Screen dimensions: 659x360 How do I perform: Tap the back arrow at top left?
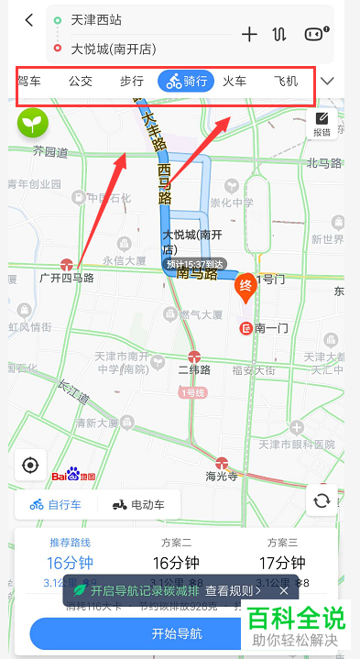29,20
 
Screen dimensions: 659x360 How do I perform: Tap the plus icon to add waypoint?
249,34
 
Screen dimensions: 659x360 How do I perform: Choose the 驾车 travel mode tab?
29,82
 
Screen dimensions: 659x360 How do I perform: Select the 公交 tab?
81,82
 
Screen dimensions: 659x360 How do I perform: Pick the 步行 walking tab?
132,82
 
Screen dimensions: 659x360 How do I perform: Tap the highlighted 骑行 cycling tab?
185,82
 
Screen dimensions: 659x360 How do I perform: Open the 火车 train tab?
235,82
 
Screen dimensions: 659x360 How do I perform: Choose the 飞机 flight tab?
286,82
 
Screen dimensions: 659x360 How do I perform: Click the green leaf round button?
33,122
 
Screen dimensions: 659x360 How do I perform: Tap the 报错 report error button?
322,124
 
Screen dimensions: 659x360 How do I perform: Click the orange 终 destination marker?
245,286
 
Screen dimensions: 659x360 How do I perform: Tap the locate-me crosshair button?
30,466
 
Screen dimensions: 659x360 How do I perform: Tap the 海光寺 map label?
222,476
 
